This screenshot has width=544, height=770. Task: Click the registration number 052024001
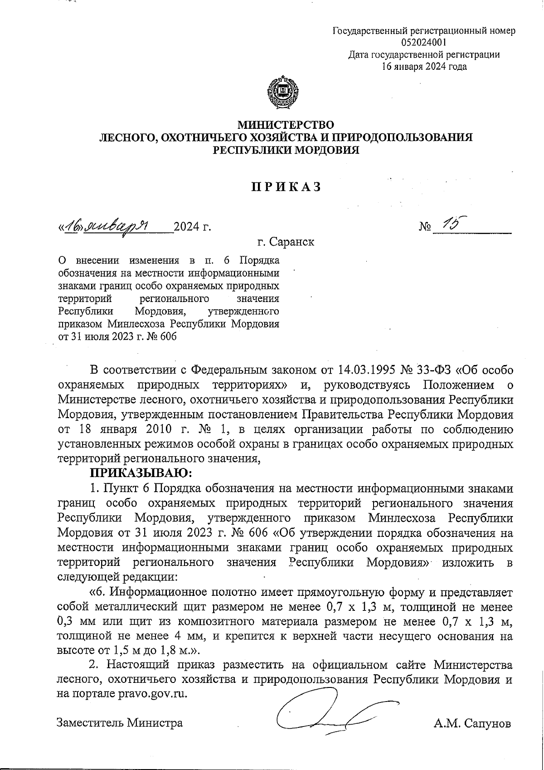click(424, 43)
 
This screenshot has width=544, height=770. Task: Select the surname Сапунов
click(486, 723)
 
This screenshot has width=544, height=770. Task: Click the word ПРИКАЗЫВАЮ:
click(141, 473)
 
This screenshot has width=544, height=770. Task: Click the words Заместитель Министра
click(120, 723)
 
